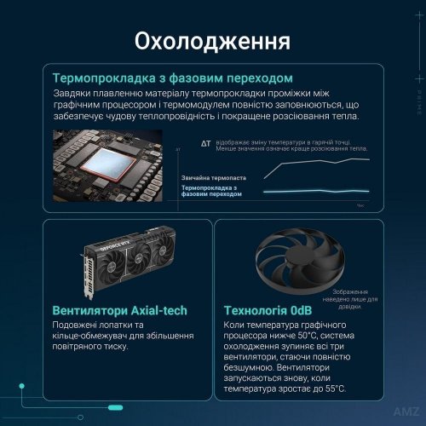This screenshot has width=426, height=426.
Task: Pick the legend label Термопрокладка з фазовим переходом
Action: (213, 191)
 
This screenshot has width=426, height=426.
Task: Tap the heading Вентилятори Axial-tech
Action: (119, 310)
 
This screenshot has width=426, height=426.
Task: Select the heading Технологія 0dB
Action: (268, 310)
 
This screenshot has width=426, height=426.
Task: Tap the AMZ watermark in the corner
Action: (403, 412)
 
